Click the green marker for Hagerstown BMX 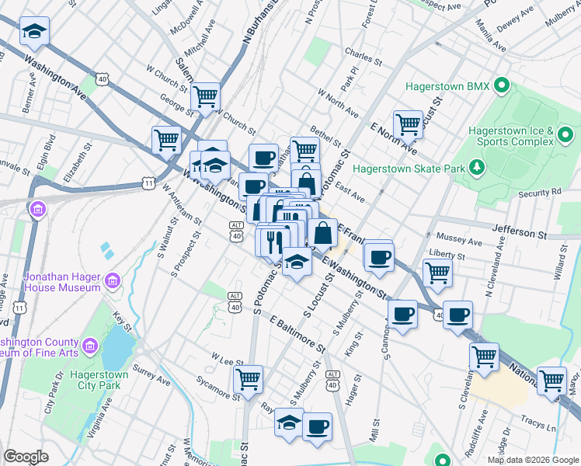502,85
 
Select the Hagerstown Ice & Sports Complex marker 565,137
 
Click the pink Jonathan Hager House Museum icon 113,280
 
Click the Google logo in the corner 26,457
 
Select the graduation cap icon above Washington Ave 33,31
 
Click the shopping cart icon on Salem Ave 206,96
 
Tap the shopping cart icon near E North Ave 408,123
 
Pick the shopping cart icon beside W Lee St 248,379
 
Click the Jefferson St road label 520,232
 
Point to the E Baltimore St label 303,331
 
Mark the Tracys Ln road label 541,428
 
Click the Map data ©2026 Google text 532,460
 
